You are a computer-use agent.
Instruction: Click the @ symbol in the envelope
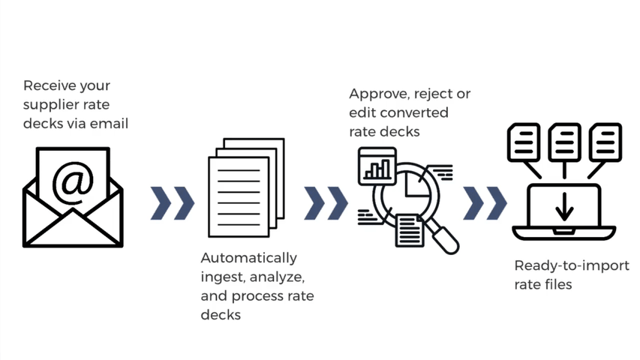click(x=73, y=182)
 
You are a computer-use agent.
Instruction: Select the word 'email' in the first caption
click(x=110, y=123)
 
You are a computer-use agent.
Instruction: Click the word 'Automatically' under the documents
click(x=248, y=258)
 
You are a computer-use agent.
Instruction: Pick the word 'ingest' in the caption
click(x=222, y=277)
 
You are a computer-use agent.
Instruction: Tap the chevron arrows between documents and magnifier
click(x=326, y=202)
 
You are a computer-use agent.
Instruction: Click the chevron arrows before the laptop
click(x=485, y=202)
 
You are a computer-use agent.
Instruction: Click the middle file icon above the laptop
click(x=564, y=140)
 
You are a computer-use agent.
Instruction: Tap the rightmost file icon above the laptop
click(x=603, y=140)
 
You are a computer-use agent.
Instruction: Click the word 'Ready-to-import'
click(x=572, y=265)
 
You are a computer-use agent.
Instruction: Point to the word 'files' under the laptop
click(x=558, y=284)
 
